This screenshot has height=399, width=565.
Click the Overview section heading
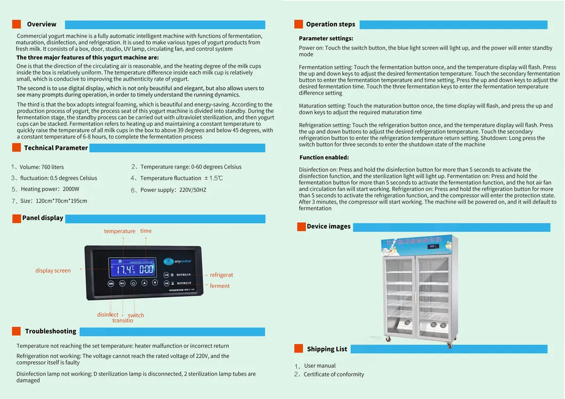(42, 24)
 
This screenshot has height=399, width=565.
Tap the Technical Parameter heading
(56, 148)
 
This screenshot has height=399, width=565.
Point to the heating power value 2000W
(70, 189)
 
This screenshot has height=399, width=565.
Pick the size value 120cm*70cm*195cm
(61, 201)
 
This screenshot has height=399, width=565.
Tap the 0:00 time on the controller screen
(146, 269)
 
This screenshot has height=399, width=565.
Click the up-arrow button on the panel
(144, 283)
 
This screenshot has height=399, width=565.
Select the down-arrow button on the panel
(155, 283)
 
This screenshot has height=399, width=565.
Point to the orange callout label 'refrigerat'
(221, 275)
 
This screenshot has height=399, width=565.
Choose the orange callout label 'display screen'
(53, 271)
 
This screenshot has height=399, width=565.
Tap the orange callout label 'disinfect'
(108, 315)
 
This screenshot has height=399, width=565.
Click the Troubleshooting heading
(51, 331)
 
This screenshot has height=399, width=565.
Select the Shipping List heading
(327, 349)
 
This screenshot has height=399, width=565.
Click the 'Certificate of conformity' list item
(334, 374)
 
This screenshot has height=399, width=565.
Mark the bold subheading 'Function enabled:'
(324, 158)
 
